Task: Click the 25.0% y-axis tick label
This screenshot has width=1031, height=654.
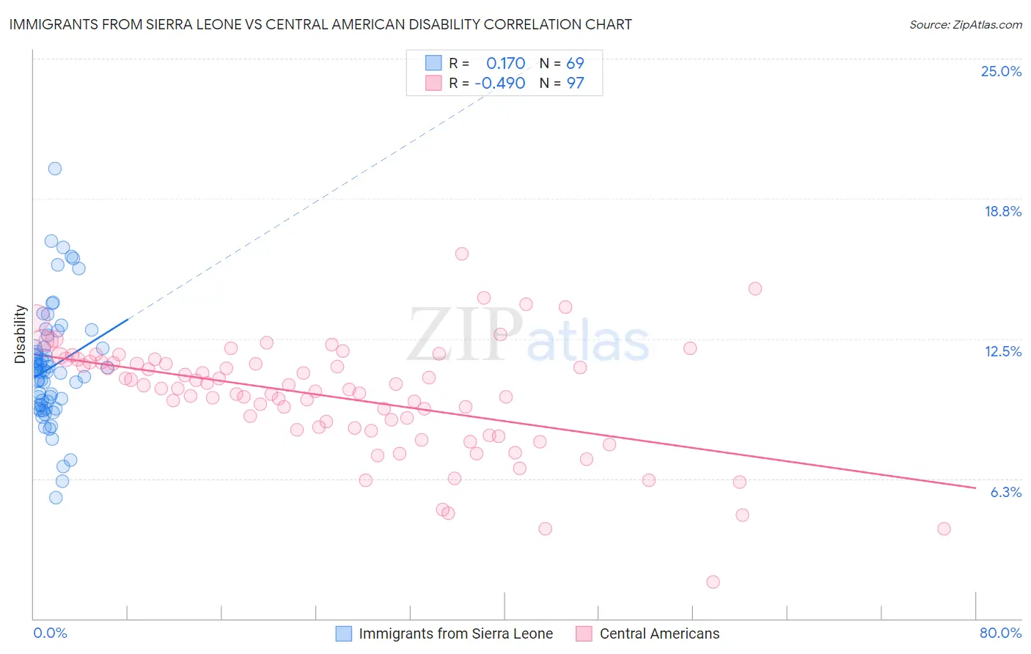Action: point(1001,71)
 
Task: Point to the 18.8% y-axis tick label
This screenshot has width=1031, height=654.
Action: point(1002,211)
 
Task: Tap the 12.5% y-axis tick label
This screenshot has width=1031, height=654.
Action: point(1002,351)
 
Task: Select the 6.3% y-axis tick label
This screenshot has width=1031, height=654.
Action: point(1005,492)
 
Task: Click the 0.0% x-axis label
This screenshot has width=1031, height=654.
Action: point(50,633)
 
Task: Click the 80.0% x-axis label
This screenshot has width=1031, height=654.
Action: point(1000,633)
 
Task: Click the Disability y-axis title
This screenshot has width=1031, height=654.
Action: point(21,334)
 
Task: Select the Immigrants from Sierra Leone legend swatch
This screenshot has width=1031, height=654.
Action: point(344,633)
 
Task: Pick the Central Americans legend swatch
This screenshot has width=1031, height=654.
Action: point(584,633)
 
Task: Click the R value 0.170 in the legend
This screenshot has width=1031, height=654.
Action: point(505,63)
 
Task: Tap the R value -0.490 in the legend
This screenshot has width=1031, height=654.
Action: point(500,83)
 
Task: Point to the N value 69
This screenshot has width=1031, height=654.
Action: point(575,63)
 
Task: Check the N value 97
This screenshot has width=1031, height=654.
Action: point(575,83)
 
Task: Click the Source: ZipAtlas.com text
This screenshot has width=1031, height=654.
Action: point(965,25)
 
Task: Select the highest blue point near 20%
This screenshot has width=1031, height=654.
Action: point(55,169)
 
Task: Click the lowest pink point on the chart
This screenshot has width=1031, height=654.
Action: point(713,582)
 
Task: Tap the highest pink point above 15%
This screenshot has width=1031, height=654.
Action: point(462,254)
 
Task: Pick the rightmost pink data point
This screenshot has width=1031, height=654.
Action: point(944,529)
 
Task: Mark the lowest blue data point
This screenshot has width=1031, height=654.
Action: point(56,498)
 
